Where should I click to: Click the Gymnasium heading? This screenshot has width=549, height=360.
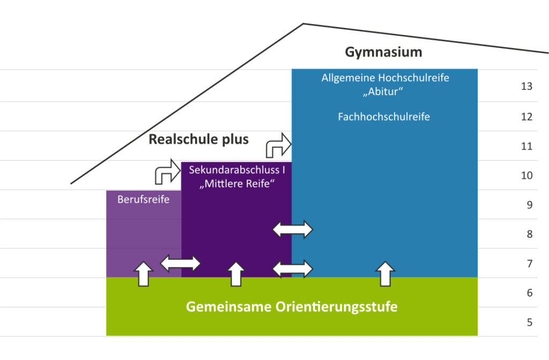[383, 52]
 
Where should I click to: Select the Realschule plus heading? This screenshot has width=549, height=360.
[198, 139]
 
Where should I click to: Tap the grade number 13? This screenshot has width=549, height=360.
[526, 86]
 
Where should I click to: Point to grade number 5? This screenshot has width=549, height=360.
[529, 322]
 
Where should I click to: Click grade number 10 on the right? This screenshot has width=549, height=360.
[526, 175]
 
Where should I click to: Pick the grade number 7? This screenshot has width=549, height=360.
[529, 264]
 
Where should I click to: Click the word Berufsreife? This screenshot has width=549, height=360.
[143, 200]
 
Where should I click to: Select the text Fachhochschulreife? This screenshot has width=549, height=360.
[384, 116]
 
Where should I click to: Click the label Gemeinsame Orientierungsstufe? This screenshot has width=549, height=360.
[292, 307]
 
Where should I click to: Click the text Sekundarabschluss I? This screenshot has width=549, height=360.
[236, 170]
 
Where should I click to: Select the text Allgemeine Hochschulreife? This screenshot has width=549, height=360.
[385, 78]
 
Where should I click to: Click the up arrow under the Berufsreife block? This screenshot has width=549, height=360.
[143, 273]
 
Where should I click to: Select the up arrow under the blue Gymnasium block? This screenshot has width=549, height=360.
[384, 273]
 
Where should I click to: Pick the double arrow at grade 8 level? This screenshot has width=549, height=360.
[293, 229]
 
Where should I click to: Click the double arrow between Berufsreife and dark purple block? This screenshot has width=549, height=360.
[181, 263]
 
